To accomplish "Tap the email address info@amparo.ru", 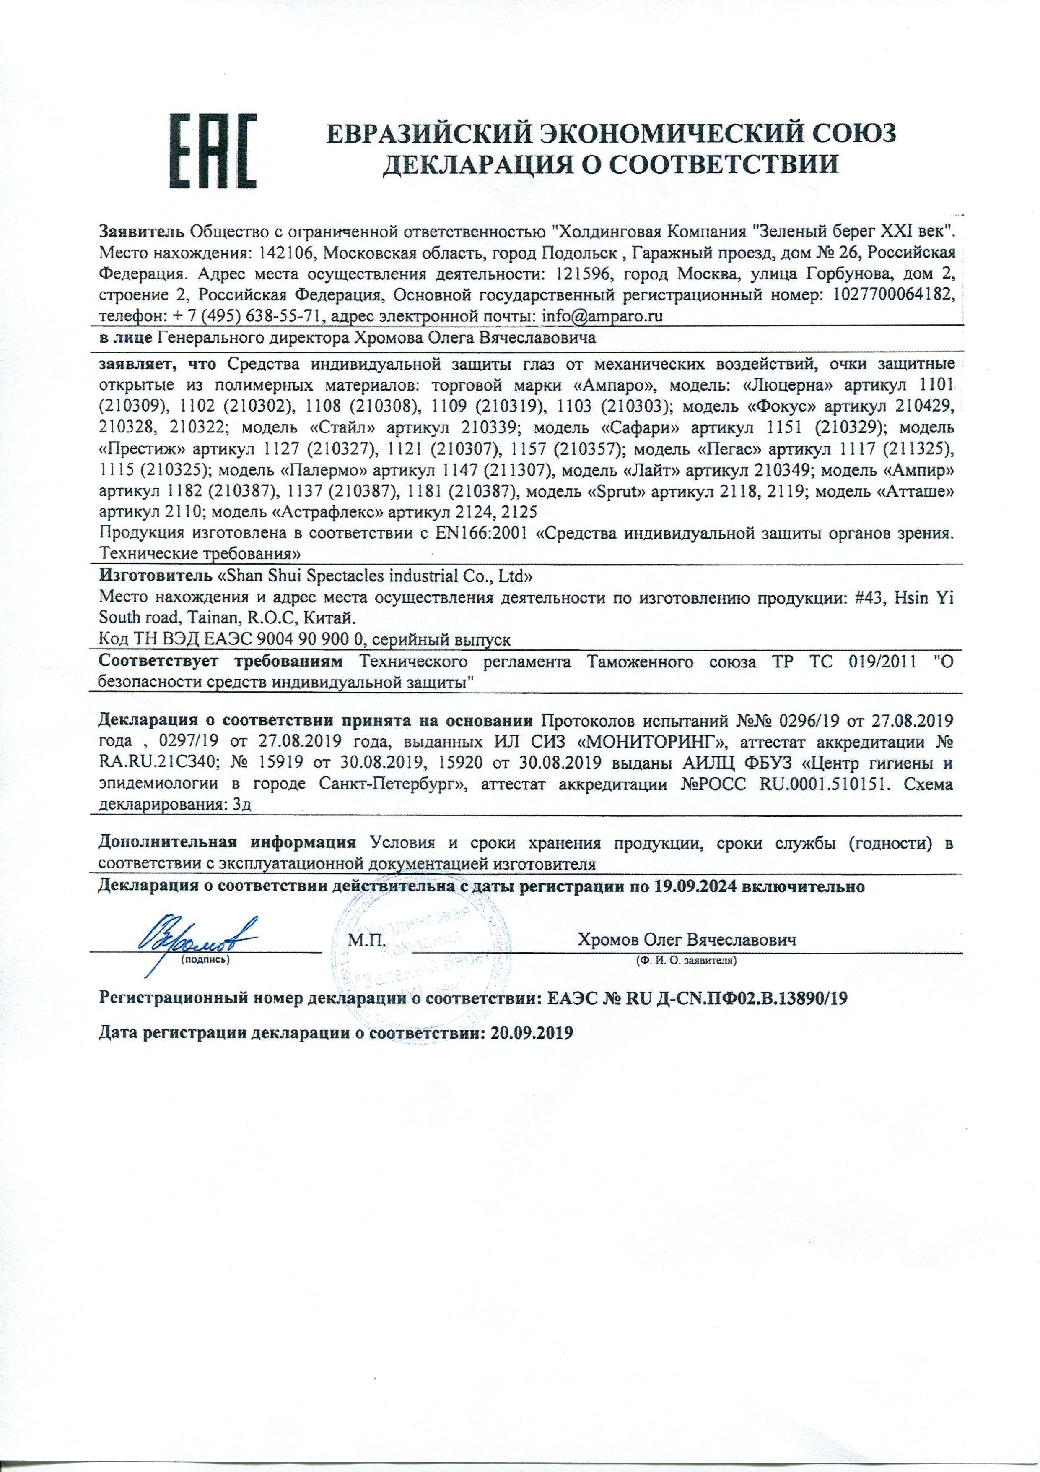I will (x=602, y=316).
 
